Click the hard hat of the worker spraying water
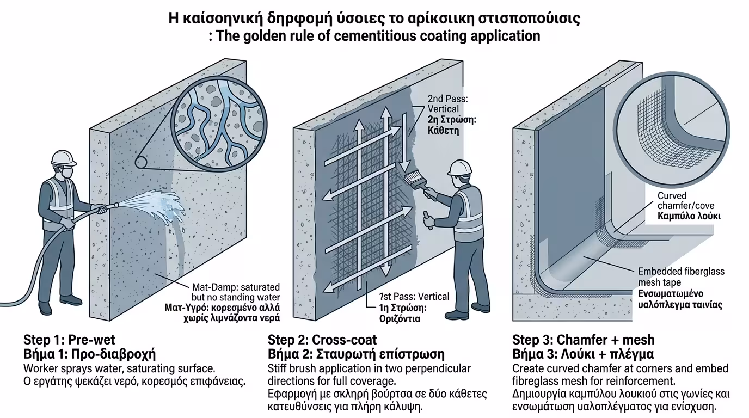coord(64,158)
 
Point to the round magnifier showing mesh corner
coord(673,125)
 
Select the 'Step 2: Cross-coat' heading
coord(322,340)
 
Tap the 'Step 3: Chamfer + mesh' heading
coord(584,340)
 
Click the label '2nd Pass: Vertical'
coord(444,104)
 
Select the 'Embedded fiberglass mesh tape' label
coord(681,276)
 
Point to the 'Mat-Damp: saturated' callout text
coord(236,287)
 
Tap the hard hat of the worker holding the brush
coord(460,167)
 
